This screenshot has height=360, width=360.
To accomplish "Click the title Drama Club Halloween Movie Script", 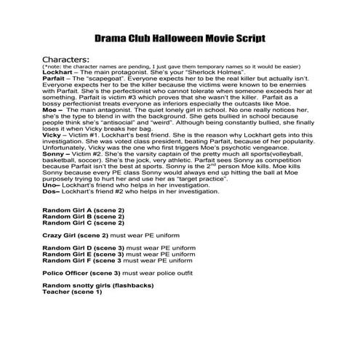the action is (x=179, y=37).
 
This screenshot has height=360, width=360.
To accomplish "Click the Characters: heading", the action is (x=66, y=58).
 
